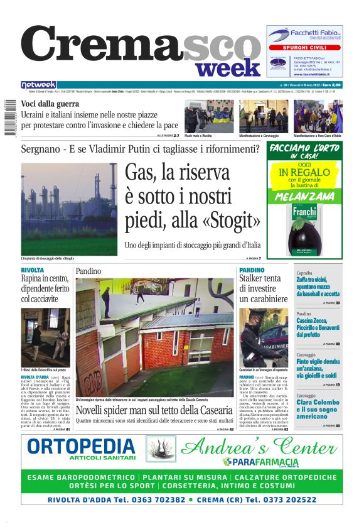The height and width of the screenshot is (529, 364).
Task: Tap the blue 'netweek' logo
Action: point(38,85)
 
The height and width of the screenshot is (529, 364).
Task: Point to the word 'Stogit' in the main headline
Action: point(230,221)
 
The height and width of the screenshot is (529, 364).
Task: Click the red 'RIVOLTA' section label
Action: point(33,270)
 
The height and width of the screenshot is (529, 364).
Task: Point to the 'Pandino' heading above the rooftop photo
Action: point(88,271)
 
